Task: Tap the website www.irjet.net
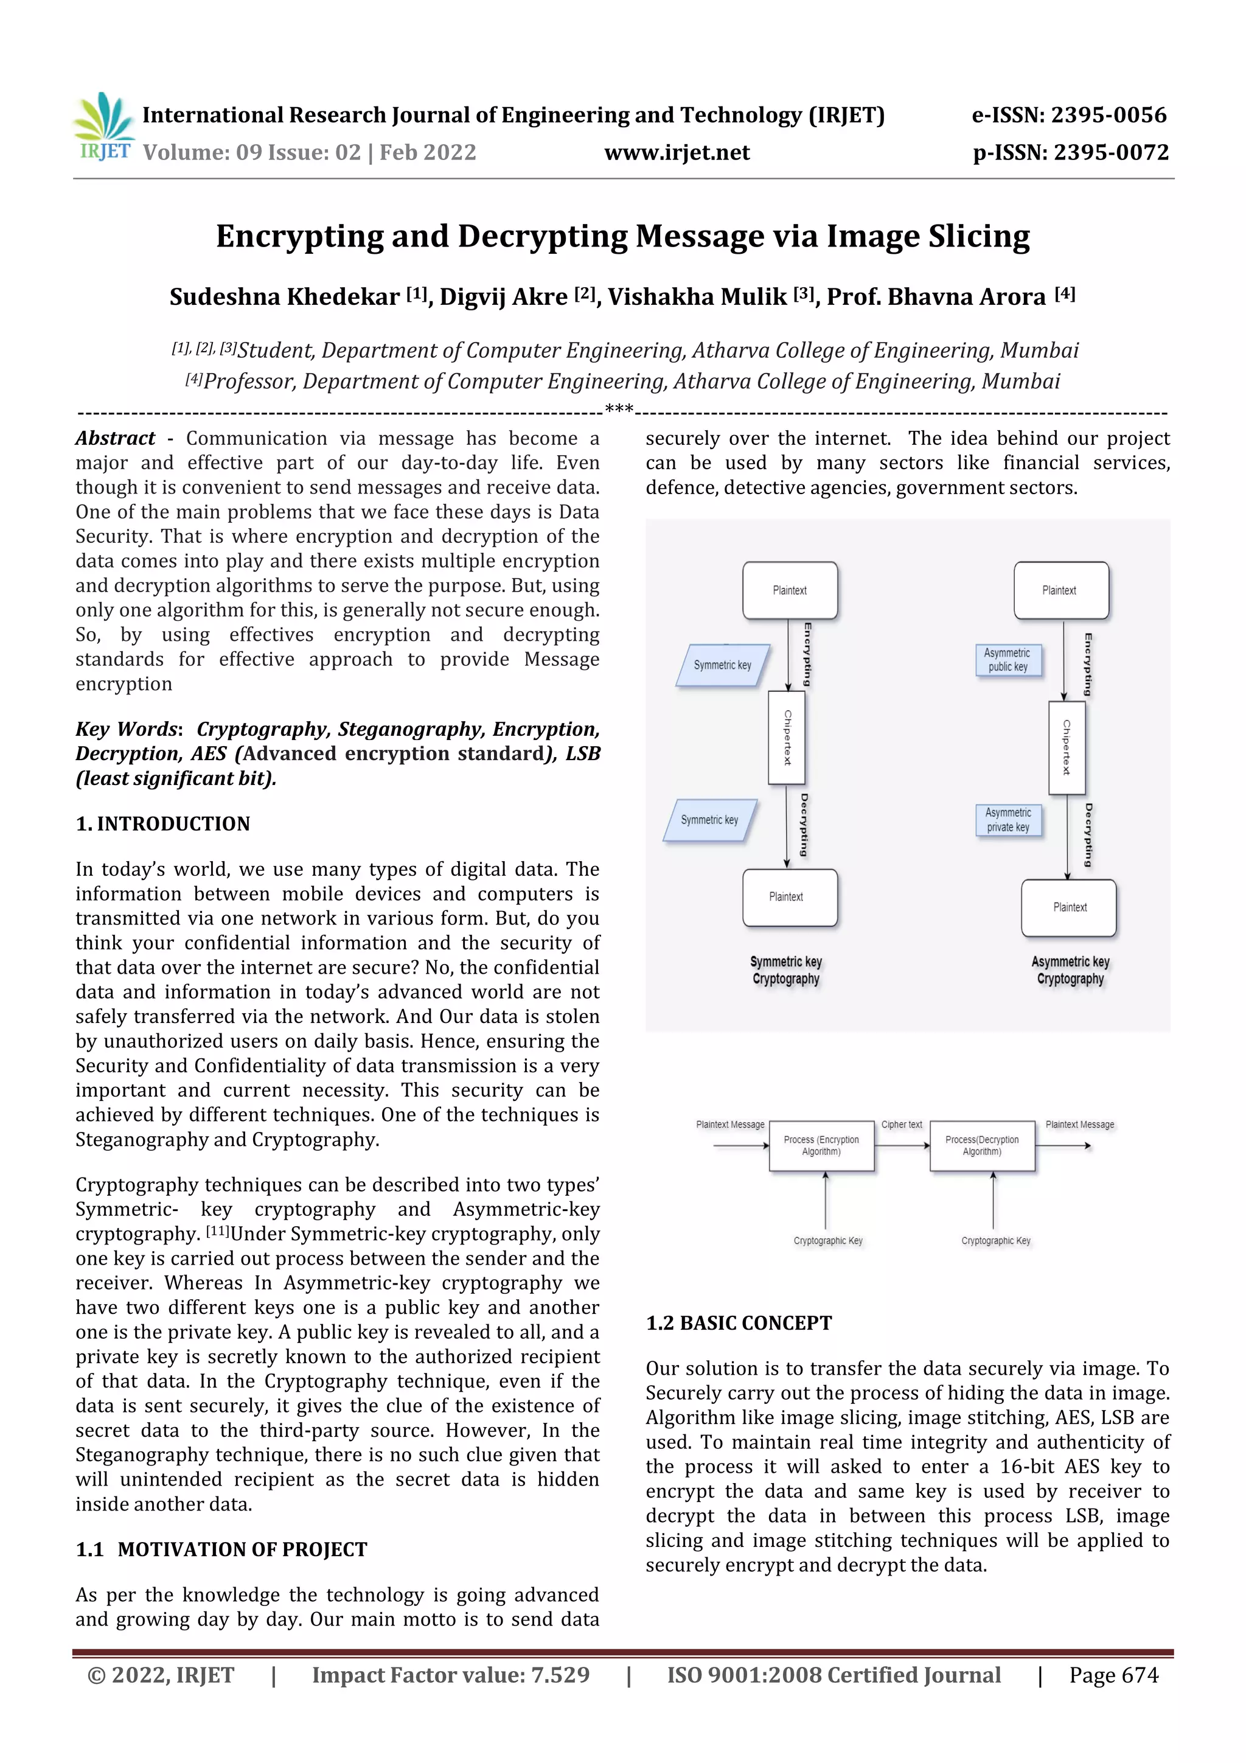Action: coord(677,152)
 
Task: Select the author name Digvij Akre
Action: coord(503,296)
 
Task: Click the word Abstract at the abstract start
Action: coord(115,438)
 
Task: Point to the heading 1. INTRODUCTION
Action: coord(163,824)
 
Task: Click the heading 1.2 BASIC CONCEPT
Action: coord(739,1323)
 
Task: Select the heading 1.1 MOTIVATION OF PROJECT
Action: coord(222,1549)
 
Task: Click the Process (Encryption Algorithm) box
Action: coord(821,1146)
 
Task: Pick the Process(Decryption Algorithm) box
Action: coord(982,1146)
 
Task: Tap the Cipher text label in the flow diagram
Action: coord(901,1124)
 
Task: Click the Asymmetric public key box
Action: coord(1008,660)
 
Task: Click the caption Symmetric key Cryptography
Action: coord(785,970)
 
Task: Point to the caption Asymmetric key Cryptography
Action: coord(1070,970)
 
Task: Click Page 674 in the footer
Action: coord(1113,1675)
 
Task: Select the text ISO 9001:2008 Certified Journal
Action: coord(833,1675)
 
